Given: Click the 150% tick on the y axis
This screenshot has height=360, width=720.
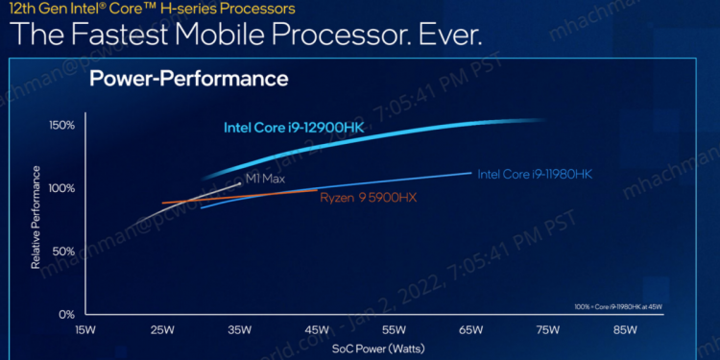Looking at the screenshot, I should tap(62, 126).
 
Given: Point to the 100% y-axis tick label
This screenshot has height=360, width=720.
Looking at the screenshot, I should tap(62, 188).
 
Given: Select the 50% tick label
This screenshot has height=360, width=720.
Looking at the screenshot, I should tap(64, 251).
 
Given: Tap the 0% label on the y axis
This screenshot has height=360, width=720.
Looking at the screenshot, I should tap(67, 314).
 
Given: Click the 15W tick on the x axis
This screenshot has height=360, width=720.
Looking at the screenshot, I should tap(84, 330).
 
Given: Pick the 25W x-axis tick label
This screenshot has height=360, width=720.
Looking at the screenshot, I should tap(162, 330).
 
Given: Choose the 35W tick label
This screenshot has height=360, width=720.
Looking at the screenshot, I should tap(240, 330).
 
